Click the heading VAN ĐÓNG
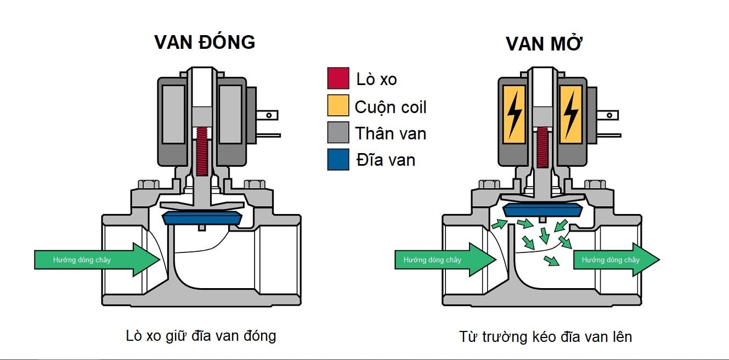click(x=205, y=42)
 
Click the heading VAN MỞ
click(x=544, y=44)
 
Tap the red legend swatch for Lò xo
click(x=338, y=78)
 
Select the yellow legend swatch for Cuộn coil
click(x=338, y=105)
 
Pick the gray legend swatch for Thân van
click(x=338, y=132)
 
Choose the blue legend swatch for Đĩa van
click(x=338, y=159)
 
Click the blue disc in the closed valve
click(x=201, y=217)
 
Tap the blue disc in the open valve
click(x=542, y=209)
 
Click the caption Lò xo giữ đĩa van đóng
click(x=201, y=335)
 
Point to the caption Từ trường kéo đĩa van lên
click(x=545, y=336)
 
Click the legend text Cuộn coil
click(x=390, y=106)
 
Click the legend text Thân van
click(x=390, y=133)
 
